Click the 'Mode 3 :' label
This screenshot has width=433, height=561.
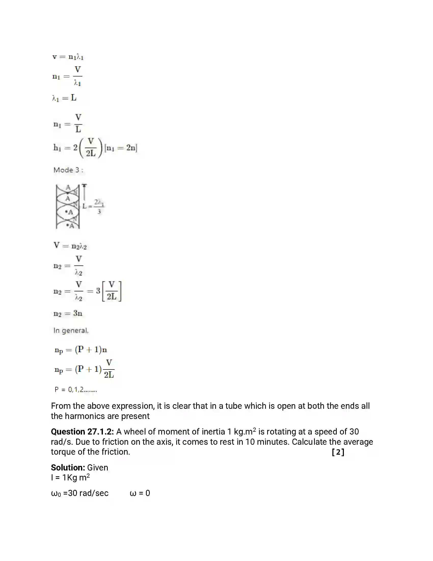coord(68,170)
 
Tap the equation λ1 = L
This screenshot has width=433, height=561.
coord(64,98)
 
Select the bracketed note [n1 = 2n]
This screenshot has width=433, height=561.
coord(121,148)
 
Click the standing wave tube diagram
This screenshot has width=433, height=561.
coord(68,206)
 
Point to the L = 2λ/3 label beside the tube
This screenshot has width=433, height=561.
coord(93,206)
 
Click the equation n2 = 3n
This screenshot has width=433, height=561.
coord(68,313)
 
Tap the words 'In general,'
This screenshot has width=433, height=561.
coord(71,330)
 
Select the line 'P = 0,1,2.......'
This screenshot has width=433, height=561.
coord(76,390)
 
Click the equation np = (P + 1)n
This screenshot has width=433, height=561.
coord(81,350)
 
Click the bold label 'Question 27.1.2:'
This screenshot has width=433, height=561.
coord(82,431)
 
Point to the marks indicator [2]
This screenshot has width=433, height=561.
coord(338,452)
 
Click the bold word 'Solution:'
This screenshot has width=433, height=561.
coord(68,467)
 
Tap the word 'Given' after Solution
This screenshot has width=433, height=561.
coord(98,467)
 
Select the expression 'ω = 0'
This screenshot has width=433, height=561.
coord(140,493)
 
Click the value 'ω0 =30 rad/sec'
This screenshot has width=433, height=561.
coord(80,493)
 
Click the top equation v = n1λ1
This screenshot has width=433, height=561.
coord(68,57)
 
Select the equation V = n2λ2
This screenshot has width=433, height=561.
coord(70,246)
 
